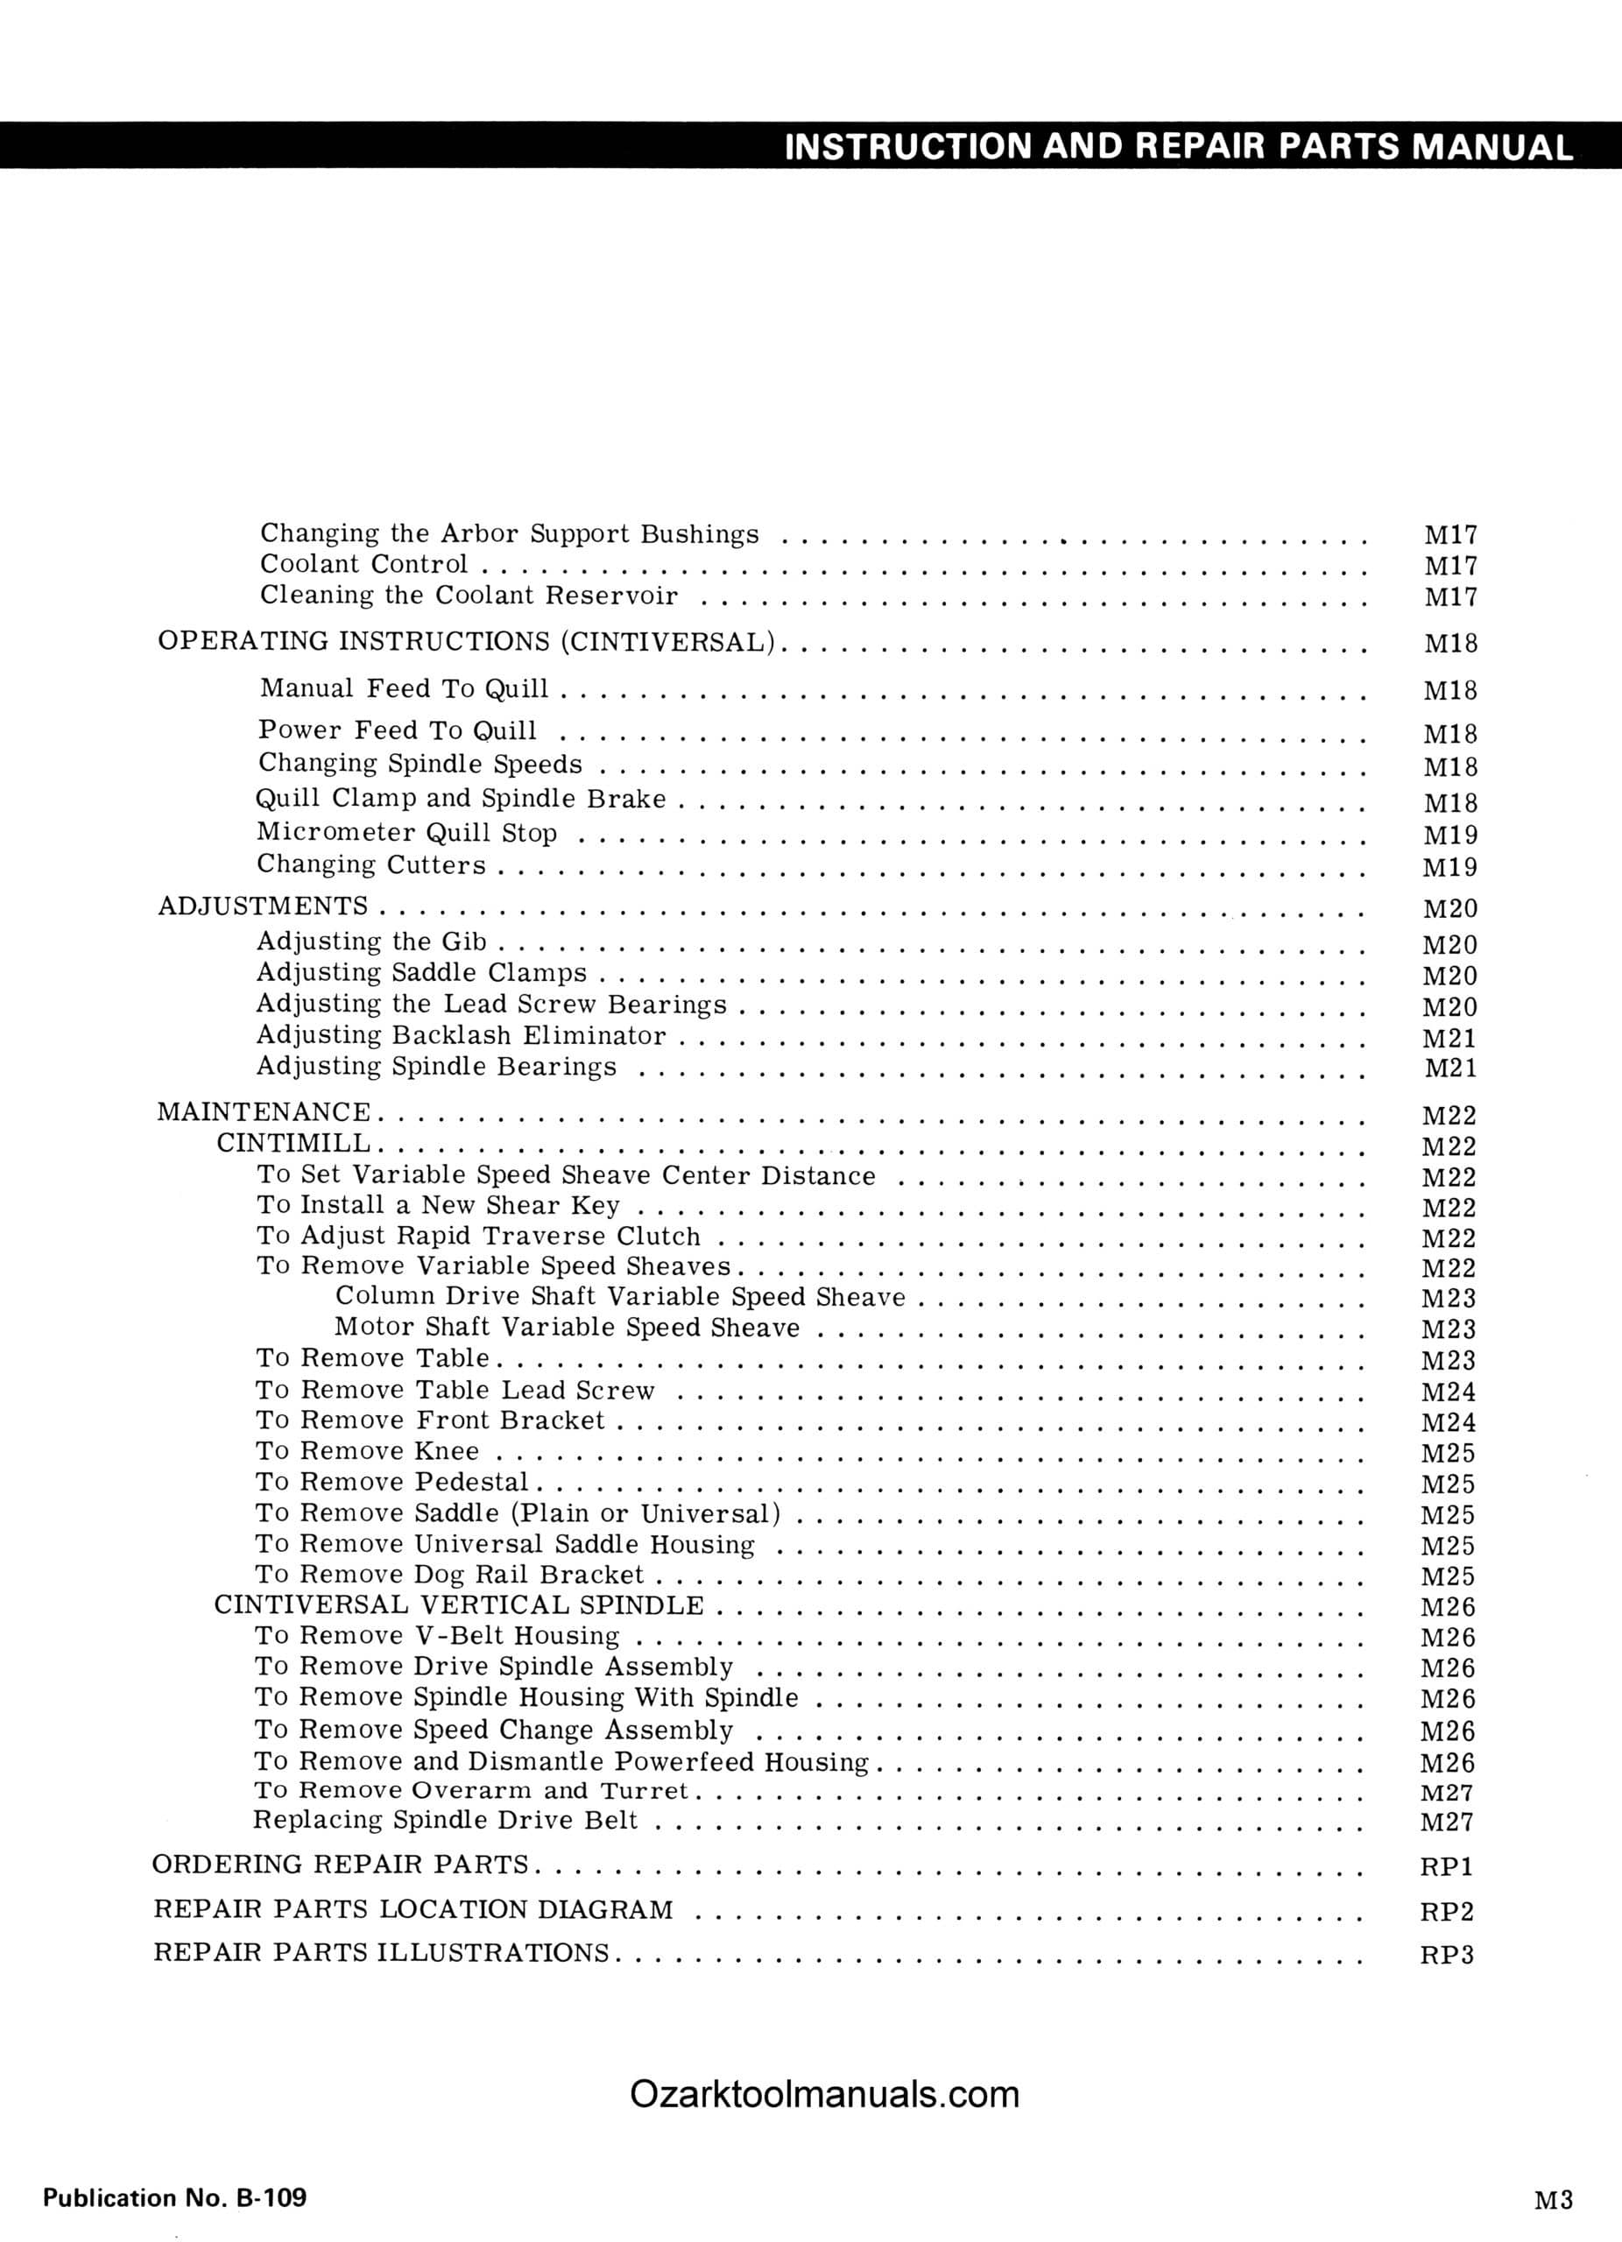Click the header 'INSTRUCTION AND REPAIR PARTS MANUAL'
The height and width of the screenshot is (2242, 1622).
pyautogui.click(x=1177, y=146)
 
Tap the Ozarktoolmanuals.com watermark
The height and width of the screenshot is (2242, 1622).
pyautogui.click(x=823, y=2093)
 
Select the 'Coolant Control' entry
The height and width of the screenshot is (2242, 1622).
pyautogui.click(x=363, y=565)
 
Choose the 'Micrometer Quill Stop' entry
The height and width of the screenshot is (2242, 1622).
pyautogui.click(x=406, y=834)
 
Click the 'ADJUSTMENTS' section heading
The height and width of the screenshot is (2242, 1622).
pyautogui.click(x=263, y=906)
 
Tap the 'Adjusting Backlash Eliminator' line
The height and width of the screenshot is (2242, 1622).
pyautogui.click(x=461, y=1036)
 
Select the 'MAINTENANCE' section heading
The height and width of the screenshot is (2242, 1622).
pyautogui.click(x=264, y=1112)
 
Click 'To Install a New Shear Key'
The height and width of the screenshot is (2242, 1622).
pyautogui.click(x=438, y=1205)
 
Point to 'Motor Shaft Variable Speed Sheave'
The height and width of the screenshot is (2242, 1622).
pyautogui.click(x=567, y=1328)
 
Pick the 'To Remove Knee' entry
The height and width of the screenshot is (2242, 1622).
pyautogui.click(x=367, y=1451)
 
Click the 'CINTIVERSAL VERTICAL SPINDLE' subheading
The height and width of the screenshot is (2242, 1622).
pyautogui.click(x=459, y=1604)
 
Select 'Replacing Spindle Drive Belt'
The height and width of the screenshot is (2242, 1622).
pyautogui.click(x=445, y=1820)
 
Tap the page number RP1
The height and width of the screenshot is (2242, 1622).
pyautogui.click(x=1446, y=1866)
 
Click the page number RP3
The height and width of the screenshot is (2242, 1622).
pyautogui.click(x=1446, y=1956)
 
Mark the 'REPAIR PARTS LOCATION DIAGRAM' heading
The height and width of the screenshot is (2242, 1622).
pyautogui.click(x=413, y=1910)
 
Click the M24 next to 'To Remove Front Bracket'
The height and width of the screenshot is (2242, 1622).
pyautogui.click(x=1448, y=1423)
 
